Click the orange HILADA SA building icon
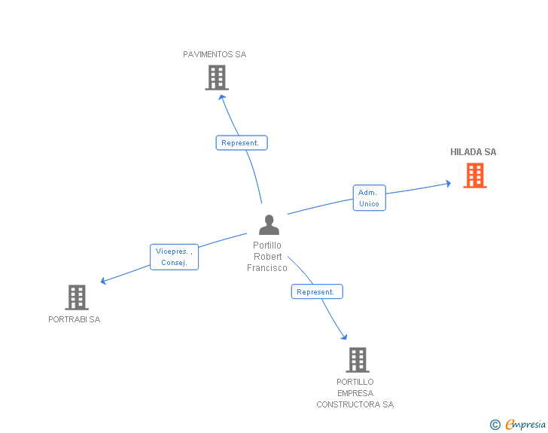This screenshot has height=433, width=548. (474, 175)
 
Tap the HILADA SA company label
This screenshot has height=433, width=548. (473, 152)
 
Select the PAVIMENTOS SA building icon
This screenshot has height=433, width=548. (217, 78)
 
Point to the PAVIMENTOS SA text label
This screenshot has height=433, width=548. (215, 54)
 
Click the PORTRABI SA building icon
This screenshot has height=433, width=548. (77, 297)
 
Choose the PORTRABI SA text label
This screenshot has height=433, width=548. (74, 319)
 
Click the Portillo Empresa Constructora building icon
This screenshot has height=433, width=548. (358, 360)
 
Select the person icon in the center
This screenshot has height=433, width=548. (269, 224)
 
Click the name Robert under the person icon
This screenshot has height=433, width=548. (267, 257)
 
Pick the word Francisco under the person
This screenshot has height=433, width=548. (267, 268)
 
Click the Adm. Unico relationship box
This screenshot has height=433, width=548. (369, 198)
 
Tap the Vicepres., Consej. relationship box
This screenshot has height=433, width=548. (174, 257)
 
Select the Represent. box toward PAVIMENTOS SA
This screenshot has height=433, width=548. (242, 142)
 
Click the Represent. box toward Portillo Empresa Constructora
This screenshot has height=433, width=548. (317, 291)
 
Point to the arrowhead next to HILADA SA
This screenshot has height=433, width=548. (448, 182)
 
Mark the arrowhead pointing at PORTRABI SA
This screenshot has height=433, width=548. (104, 282)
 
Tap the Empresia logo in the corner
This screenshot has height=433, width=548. (525, 425)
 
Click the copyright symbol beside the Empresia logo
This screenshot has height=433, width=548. (495, 425)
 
